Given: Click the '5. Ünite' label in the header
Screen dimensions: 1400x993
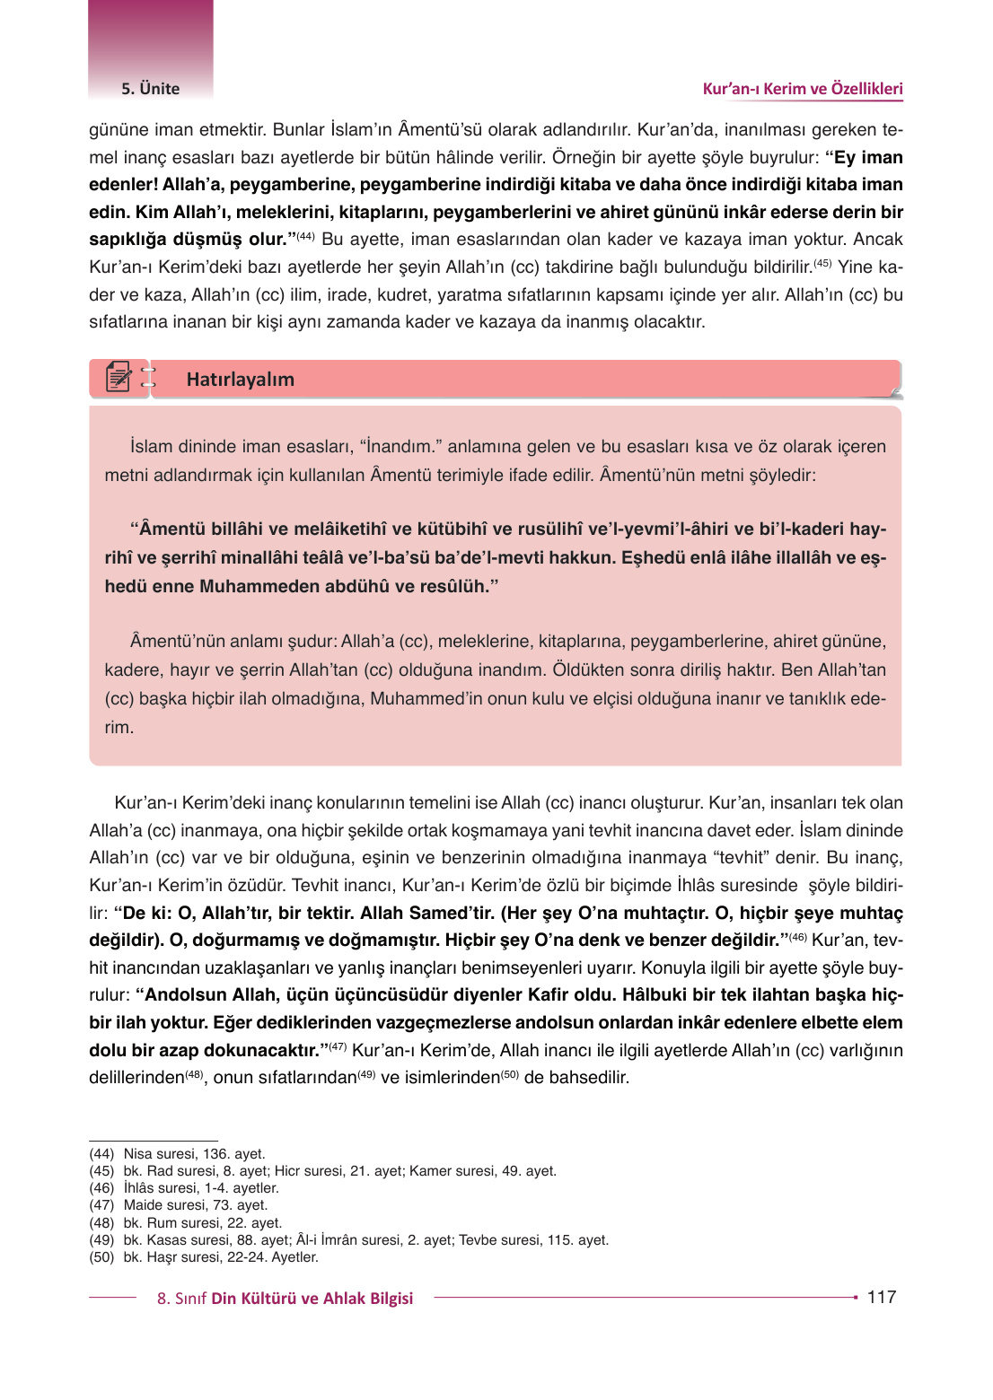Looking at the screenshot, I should pyautogui.click(x=151, y=89).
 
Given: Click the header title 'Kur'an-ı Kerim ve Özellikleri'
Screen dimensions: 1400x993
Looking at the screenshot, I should pyautogui.click(x=802, y=89).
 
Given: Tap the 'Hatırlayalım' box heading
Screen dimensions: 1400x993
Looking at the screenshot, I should pyautogui.click(x=240, y=380).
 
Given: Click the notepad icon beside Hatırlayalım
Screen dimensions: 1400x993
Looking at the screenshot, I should pyautogui.click(x=119, y=378).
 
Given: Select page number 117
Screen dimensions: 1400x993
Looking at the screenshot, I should pyautogui.click(x=881, y=1297).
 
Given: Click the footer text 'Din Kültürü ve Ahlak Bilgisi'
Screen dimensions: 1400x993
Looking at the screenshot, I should pyautogui.click(x=312, y=1299).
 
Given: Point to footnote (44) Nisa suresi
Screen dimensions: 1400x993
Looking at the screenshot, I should pyautogui.click(x=177, y=1154).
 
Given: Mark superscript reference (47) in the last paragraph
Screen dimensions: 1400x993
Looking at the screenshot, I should pyautogui.click(x=338, y=1046).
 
